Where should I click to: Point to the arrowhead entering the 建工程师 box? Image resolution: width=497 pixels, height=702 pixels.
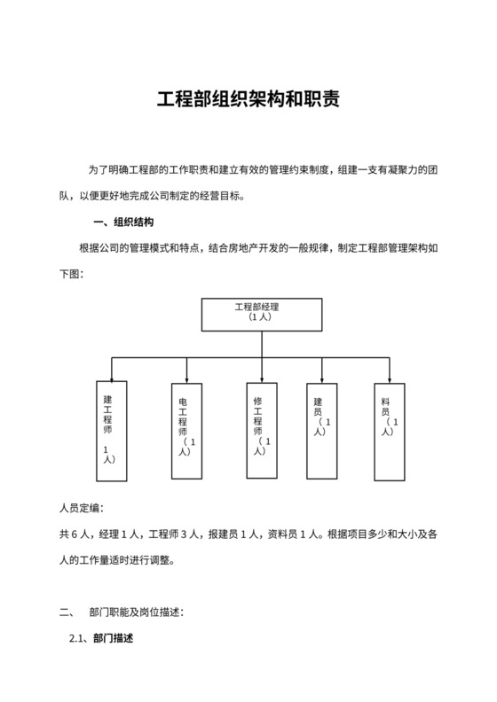(x=111, y=375)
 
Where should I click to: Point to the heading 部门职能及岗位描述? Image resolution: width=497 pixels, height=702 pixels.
(x=136, y=612)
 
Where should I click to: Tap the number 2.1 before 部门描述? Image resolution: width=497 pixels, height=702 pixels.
(x=78, y=638)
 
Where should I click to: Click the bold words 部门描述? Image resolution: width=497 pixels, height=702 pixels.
(x=113, y=638)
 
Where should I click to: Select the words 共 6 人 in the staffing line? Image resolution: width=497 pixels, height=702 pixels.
(x=75, y=534)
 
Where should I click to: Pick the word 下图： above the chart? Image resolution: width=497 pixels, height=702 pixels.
(x=71, y=274)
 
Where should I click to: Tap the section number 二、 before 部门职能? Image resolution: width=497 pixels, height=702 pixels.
(x=65, y=612)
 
